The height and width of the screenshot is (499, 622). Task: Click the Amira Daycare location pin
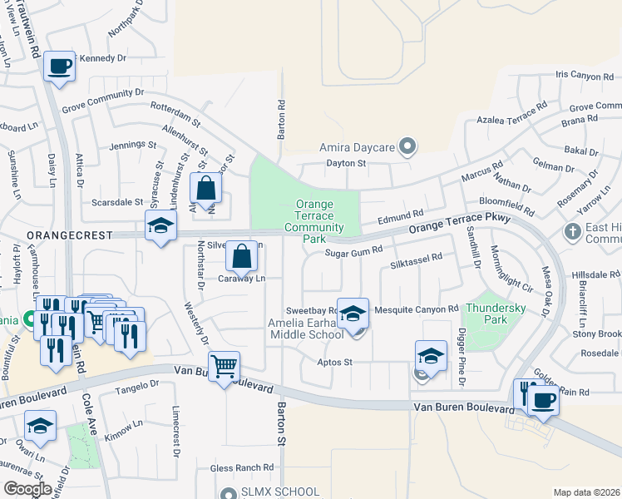pos(407,147)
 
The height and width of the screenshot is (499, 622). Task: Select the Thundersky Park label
pos(497,313)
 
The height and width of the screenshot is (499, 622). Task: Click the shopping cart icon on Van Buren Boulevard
pos(225,365)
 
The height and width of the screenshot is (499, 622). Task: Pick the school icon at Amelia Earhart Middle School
pos(353,313)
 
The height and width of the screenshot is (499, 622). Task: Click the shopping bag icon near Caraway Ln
pos(241,257)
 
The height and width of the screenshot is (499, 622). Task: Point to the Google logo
pos(27,489)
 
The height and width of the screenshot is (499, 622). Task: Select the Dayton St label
pos(345,164)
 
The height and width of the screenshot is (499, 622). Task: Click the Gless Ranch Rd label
pos(243,467)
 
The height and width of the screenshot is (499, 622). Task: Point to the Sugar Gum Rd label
pos(353,250)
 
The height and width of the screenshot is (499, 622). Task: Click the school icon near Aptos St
pos(431,355)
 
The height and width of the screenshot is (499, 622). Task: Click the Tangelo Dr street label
pos(137,384)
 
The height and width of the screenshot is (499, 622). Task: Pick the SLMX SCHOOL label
pos(280,492)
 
